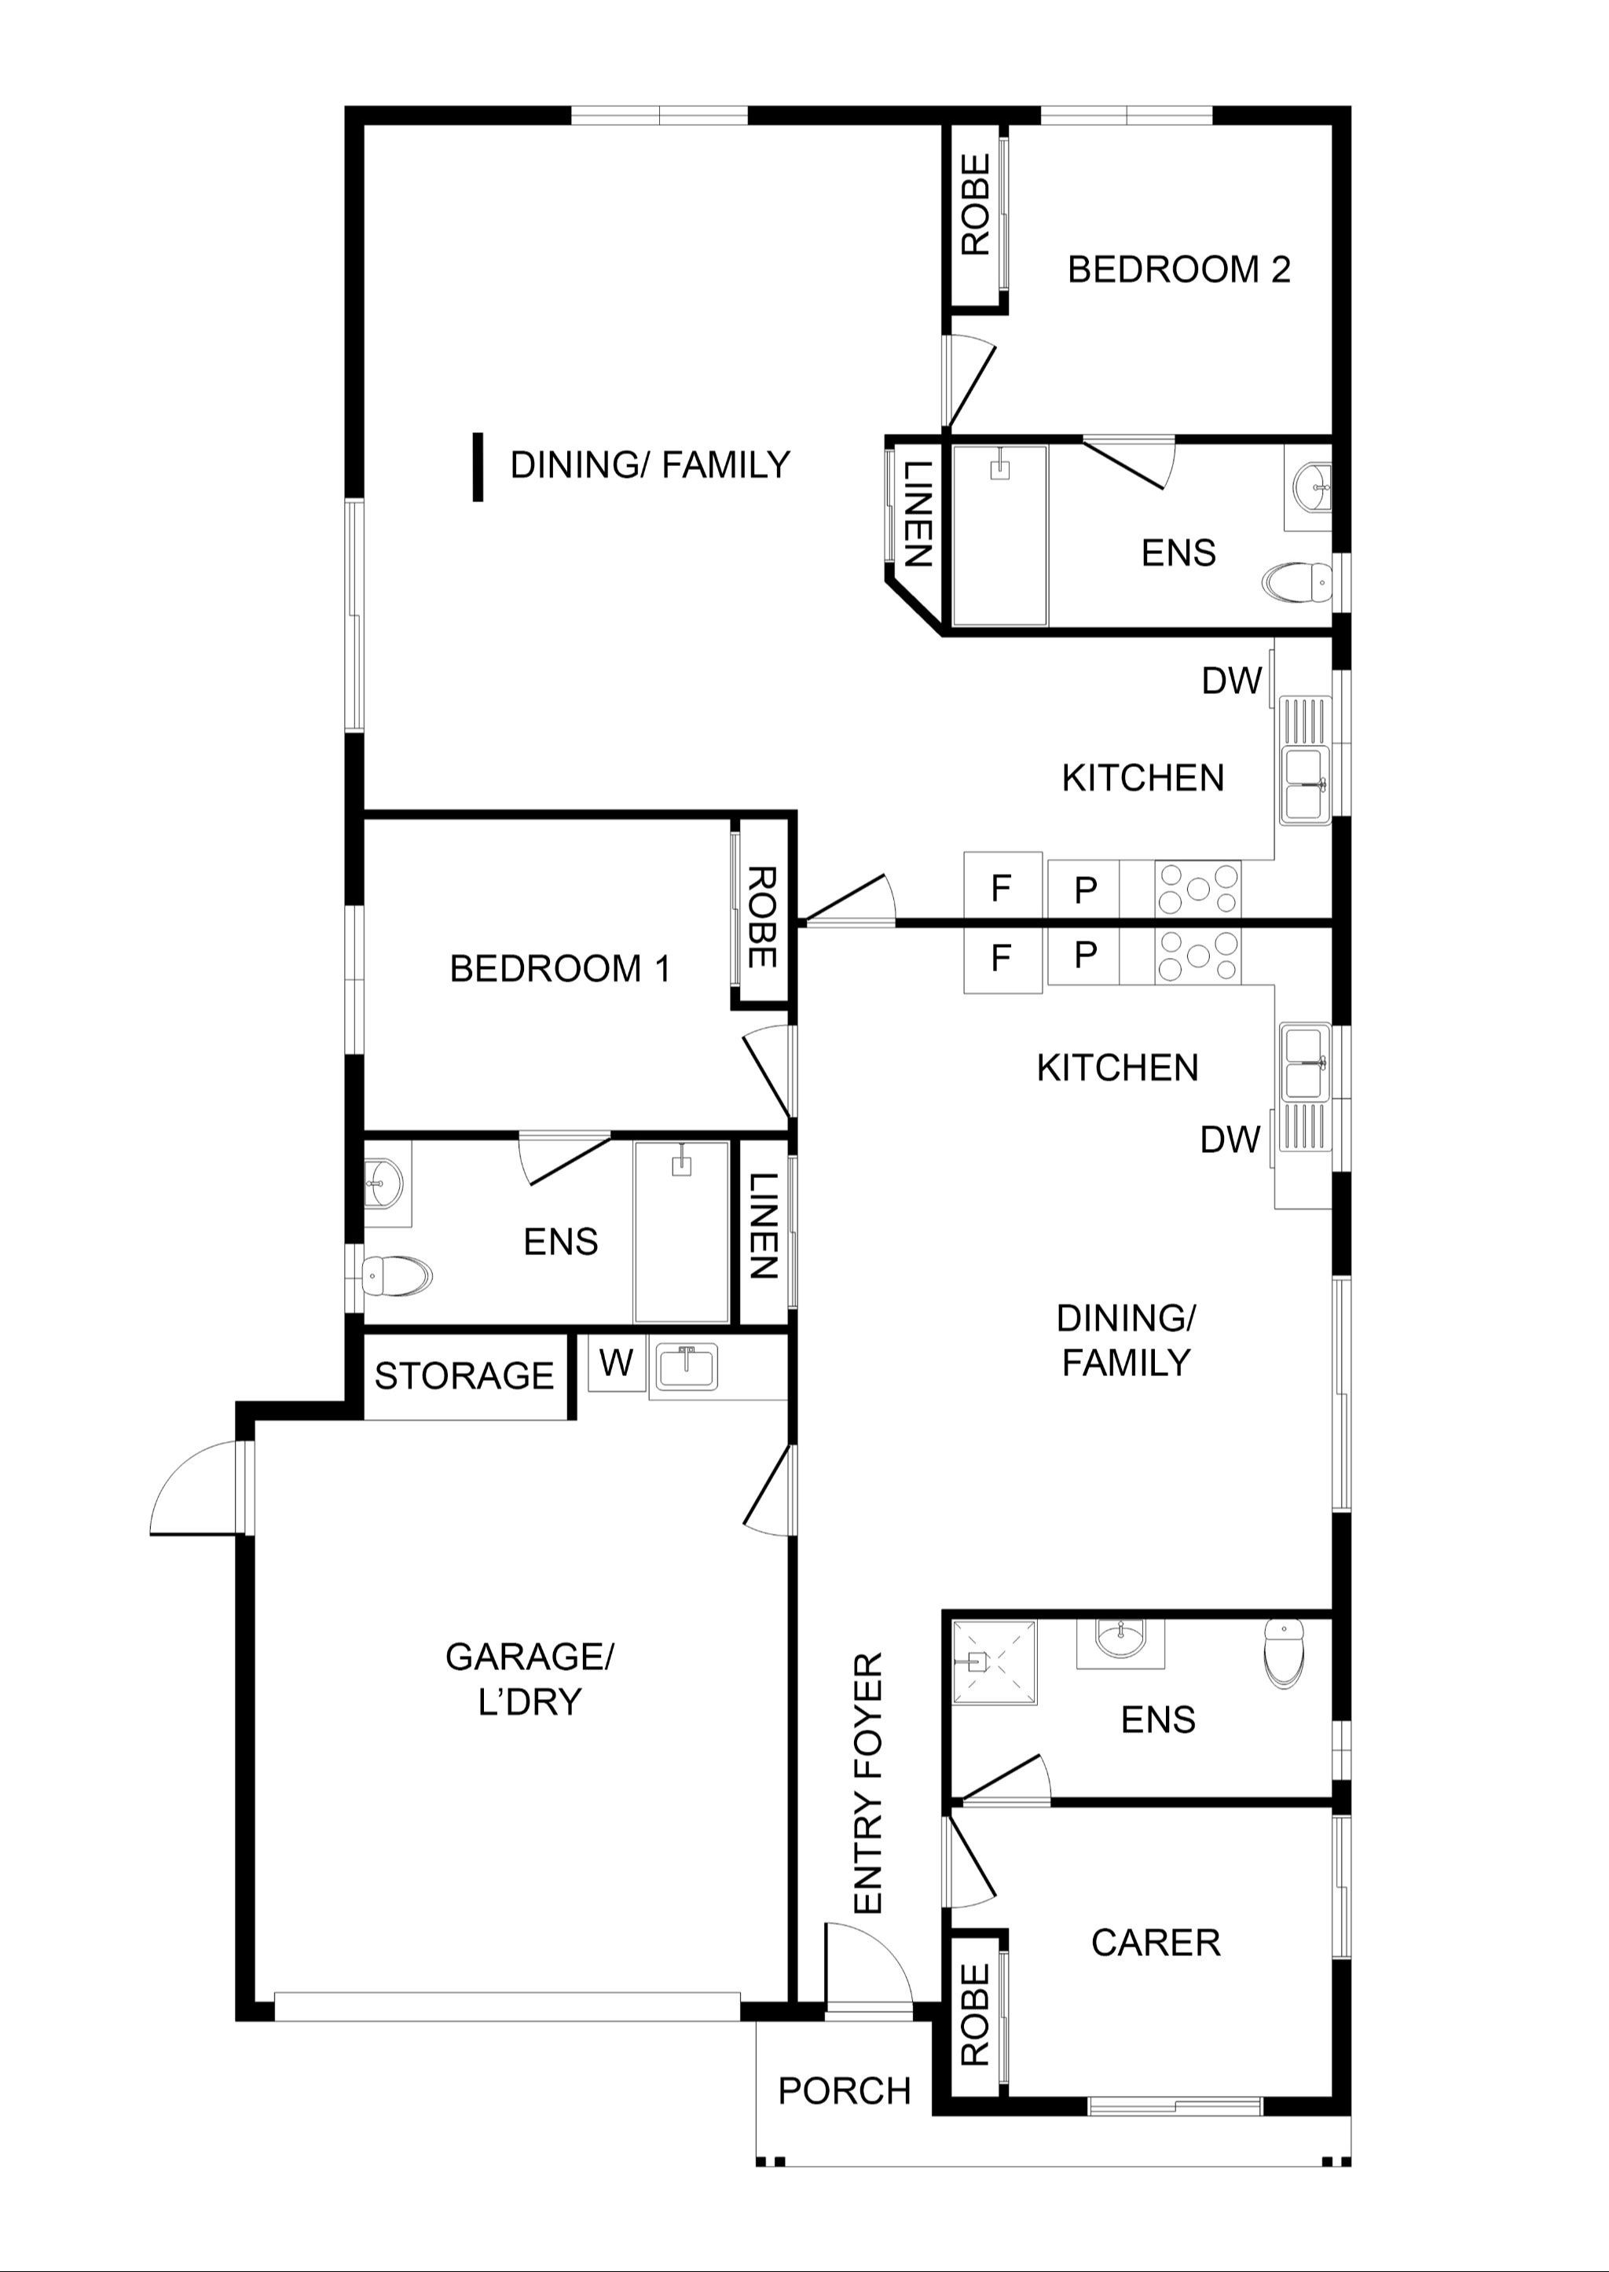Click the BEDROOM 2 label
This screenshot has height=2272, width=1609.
click(1179, 270)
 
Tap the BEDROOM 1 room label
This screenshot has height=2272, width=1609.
click(561, 968)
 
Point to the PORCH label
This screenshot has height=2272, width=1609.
click(844, 2090)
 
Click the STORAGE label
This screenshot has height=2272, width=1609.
click(464, 1375)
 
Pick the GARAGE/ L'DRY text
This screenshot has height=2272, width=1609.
click(530, 1679)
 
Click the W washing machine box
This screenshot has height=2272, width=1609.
click(616, 1363)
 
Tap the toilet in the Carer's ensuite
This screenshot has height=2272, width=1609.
click(1284, 1653)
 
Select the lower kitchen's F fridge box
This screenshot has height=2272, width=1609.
click(1002, 959)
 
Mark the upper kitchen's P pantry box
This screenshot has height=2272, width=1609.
click(1085, 889)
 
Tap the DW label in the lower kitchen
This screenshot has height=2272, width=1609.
click(1230, 1140)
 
